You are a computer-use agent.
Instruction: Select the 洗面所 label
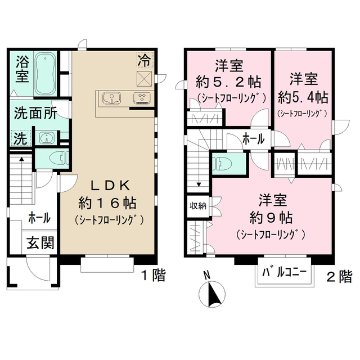click(x=34, y=114)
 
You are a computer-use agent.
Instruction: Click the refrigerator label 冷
click(x=144, y=58)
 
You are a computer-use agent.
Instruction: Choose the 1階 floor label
click(x=152, y=275)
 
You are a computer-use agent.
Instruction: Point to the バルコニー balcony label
click(x=285, y=273)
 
